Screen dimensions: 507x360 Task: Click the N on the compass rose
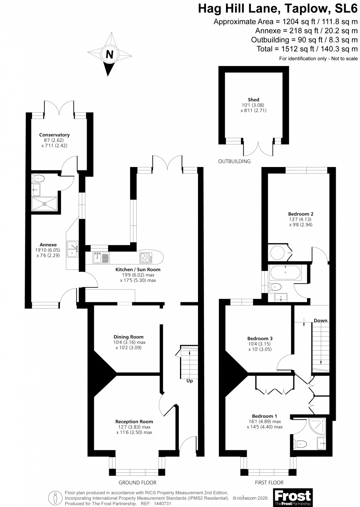click(x=109, y=54)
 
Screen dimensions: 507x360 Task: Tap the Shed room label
click(x=253, y=99)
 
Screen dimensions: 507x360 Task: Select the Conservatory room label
click(x=54, y=135)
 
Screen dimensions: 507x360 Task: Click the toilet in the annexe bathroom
click(x=39, y=179)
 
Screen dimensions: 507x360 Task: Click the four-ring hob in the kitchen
click(x=146, y=258)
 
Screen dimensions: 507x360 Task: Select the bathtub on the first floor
click(x=285, y=272)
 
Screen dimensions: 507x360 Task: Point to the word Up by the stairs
click(x=190, y=381)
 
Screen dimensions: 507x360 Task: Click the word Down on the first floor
click(x=320, y=321)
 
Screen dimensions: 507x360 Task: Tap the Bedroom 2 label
click(x=300, y=214)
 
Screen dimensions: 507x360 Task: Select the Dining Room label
click(x=129, y=337)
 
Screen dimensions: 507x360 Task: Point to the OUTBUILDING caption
click(x=234, y=161)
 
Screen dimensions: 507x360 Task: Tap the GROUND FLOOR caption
click(x=137, y=482)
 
